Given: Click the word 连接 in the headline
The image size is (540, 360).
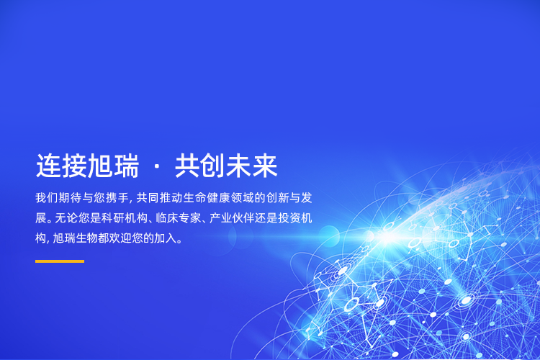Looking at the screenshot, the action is [x=61, y=166].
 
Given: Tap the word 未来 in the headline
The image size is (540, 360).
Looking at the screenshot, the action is [x=252, y=166].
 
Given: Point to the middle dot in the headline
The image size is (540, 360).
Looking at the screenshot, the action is [x=157, y=167].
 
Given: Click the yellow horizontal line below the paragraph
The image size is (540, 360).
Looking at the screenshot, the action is [x=60, y=261].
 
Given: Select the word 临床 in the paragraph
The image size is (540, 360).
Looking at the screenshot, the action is [x=167, y=218].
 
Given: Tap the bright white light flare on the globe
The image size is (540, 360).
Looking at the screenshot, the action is [x=387, y=237].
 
